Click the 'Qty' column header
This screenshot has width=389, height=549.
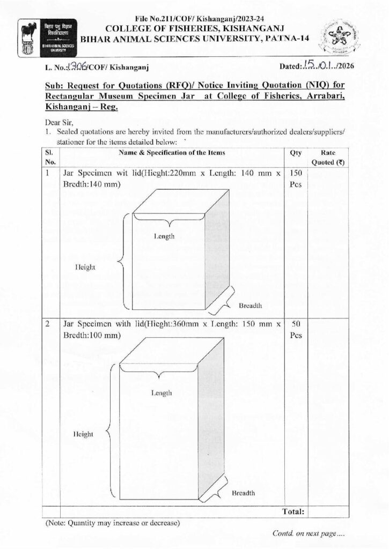coord(296,153)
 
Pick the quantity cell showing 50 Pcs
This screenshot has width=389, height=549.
coord(296,329)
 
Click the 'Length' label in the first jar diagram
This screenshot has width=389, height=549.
coord(164,236)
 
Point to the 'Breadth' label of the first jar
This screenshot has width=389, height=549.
coord(250,306)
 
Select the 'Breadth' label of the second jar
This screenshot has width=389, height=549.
coord(243,493)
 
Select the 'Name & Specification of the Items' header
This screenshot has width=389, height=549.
coord(173,153)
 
